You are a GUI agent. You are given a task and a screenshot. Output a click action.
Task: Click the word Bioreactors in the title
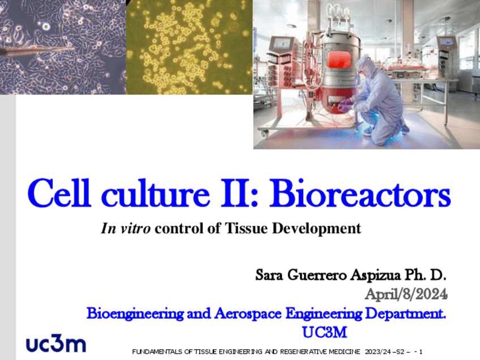361,194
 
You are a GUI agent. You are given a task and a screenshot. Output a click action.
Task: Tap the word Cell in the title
55,194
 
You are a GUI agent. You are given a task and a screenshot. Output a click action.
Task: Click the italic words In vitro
126,229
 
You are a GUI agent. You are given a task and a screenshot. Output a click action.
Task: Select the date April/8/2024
406,294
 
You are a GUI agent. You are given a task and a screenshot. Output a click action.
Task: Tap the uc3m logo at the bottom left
56,343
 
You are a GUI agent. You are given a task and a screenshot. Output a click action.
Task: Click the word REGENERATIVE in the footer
299,352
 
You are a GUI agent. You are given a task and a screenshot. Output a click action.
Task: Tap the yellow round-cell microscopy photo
189,47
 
